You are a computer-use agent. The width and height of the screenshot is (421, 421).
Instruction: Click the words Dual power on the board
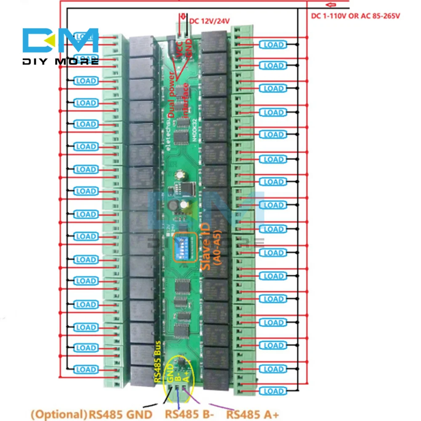coord(173,95)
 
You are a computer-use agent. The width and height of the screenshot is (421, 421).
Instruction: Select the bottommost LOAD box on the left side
coord(86,370)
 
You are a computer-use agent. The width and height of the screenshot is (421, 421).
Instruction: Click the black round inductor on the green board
coord(171,206)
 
